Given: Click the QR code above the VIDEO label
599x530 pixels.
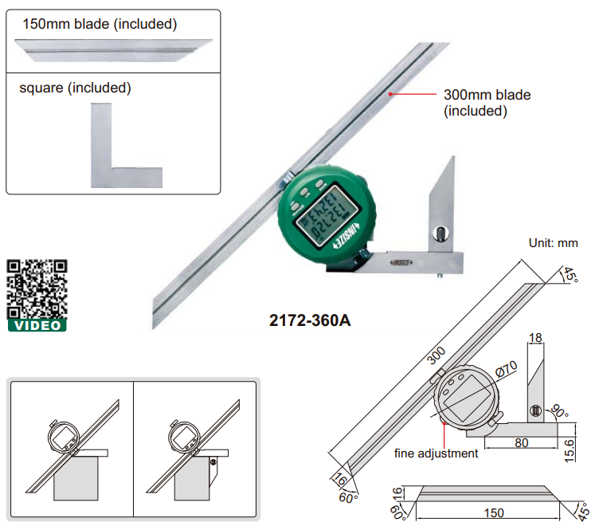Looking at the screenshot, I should click(37, 289).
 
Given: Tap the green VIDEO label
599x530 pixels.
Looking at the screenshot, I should click(37, 325).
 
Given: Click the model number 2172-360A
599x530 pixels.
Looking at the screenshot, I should click(310, 321).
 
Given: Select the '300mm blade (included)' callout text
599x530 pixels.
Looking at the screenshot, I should click(487, 103).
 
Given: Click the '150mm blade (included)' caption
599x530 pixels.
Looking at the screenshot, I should click(100, 24).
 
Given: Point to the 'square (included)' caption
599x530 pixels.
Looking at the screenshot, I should click(75, 87).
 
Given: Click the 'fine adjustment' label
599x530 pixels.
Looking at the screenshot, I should click(437, 453).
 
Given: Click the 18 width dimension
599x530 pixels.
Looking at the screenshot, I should click(535, 338).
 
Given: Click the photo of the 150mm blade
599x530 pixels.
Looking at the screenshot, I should click(112, 50).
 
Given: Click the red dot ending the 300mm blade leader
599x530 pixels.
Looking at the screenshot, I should click(390, 94).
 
